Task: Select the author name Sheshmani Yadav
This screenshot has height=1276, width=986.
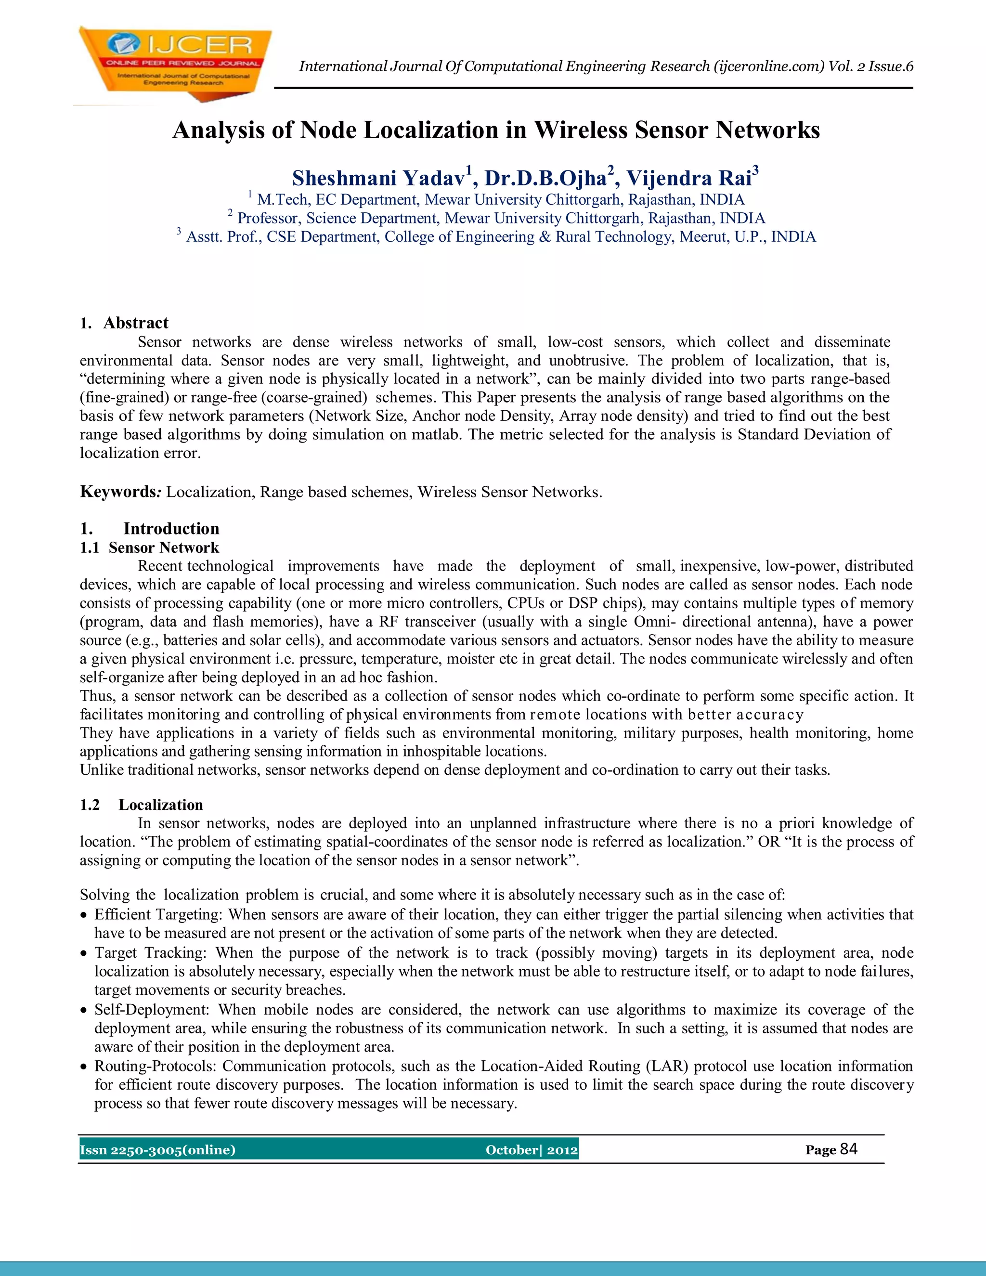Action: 378,178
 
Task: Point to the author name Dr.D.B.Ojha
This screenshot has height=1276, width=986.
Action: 545,178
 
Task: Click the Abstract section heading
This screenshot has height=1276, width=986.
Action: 135,323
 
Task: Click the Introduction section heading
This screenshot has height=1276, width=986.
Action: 171,529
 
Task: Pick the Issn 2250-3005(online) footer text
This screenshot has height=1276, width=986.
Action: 158,1150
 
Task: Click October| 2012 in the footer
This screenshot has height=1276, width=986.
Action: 532,1150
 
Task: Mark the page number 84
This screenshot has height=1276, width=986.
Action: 849,1149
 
